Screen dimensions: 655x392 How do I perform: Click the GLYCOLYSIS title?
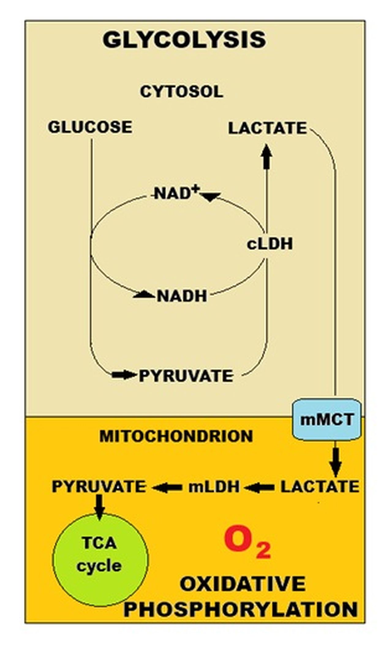(x=184, y=40)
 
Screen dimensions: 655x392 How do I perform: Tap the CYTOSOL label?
(x=182, y=92)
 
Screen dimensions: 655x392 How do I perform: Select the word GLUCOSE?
(x=90, y=127)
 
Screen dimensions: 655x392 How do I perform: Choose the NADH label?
(x=182, y=296)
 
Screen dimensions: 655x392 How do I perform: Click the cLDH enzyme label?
(x=269, y=244)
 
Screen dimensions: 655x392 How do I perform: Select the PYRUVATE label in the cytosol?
(x=186, y=376)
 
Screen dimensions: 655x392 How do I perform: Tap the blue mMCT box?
(x=327, y=419)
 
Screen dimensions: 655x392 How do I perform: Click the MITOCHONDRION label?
(x=176, y=436)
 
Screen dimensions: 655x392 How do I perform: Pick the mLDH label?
(x=214, y=487)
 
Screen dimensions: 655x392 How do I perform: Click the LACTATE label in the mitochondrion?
(x=320, y=487)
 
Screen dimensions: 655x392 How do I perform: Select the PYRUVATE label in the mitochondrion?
(x=99, y=487)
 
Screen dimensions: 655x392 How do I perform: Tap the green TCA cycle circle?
(x=100, y=560)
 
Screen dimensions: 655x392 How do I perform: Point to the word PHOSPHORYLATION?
(x=241, y=609)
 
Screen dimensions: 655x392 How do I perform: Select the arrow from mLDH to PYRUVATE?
(x=167, y=487)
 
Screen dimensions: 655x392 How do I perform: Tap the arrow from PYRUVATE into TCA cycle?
(x=99, y=507)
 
